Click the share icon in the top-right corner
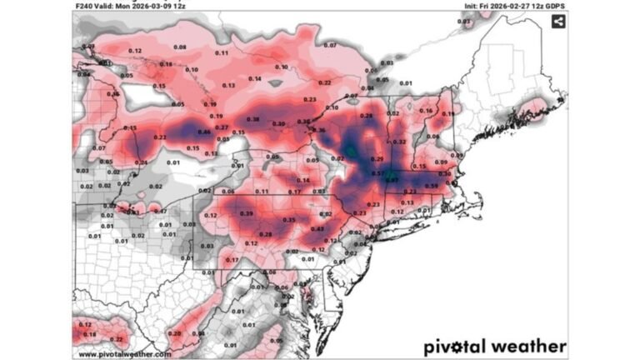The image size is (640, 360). pos(557,21)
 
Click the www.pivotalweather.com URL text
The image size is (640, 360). pos(125,353)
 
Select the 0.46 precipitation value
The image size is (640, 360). pos(203,132)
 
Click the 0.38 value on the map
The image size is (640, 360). pos(253,118)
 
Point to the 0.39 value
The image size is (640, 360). pos(247,214)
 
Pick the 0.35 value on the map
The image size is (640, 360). pos(289,219)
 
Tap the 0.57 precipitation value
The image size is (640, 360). pos(377,173)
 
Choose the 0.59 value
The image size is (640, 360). pos(432,185)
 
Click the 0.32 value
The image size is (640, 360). pos(399,142)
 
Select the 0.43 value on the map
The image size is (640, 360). pos(317,228)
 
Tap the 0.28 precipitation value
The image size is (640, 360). pos(266,234)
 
